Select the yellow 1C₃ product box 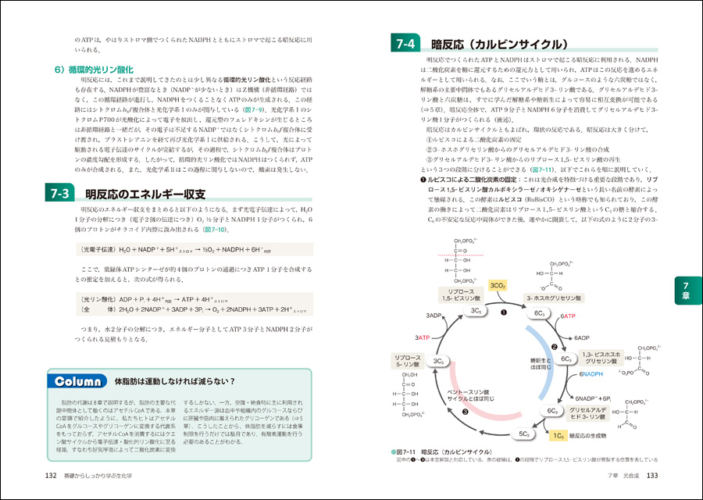click(x=558, y=434)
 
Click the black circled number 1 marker click(x=504, y=312)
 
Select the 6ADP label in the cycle click(x=582, y=338)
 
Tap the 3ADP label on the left click(x=435, y=315)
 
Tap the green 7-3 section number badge click(x=59, y=194)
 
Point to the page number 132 click(x=52, y=477)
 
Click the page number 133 click(x=649, y=477)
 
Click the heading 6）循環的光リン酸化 click(x=96, y=70)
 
